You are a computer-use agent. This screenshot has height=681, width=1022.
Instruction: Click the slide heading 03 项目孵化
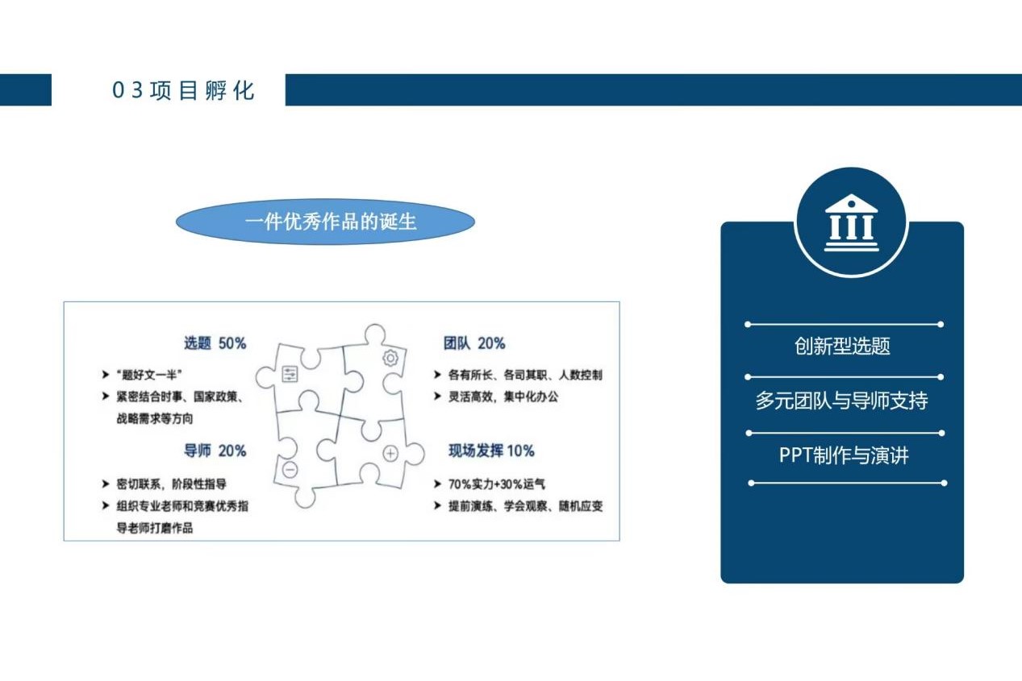(183, 90)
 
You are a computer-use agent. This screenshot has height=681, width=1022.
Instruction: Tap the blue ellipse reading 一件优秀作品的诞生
(325, 222)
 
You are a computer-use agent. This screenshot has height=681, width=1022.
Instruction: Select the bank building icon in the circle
(851, 223)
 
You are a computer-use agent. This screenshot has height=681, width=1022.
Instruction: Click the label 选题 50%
(215, 343)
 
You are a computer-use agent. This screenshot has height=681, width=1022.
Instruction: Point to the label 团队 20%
(474, 343)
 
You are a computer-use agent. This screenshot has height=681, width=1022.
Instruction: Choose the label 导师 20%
(215, 451)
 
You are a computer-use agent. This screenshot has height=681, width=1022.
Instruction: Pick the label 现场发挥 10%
(491, 451)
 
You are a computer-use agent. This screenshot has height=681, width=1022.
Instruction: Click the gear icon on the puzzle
(390, 359)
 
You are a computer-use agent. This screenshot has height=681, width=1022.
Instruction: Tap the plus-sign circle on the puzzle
(390, 454)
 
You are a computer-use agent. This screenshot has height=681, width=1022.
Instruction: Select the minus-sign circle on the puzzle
(290, 470)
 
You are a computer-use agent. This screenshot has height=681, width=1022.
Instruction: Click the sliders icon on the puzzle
(290, 374)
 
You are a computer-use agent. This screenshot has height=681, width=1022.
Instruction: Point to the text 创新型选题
(842, 346)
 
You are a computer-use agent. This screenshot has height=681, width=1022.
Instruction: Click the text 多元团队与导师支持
(842, 401)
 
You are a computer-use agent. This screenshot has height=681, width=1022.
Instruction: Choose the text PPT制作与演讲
(844, 455)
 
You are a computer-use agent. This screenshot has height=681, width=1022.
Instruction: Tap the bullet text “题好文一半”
(149, 375)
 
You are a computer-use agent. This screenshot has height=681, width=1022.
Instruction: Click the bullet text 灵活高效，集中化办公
(503, 397)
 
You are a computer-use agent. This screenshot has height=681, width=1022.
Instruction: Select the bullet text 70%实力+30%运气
(496, 484)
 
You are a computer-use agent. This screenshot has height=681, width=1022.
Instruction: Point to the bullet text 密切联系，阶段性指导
(172, 484)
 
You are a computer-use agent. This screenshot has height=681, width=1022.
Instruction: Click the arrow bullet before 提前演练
(437, 505)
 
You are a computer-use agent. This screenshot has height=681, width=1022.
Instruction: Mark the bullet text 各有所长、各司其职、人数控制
(525, 375)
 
